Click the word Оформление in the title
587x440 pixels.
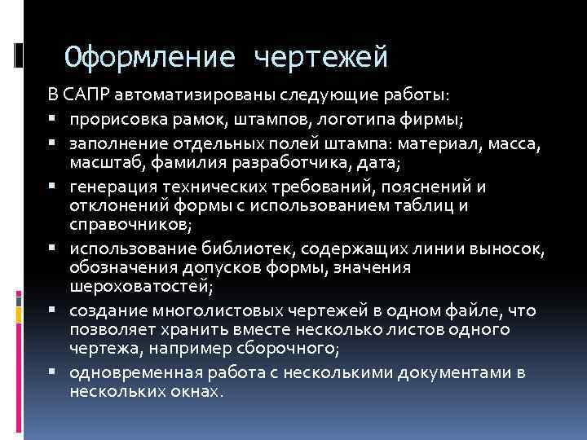151,57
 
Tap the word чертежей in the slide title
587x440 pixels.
321,57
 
